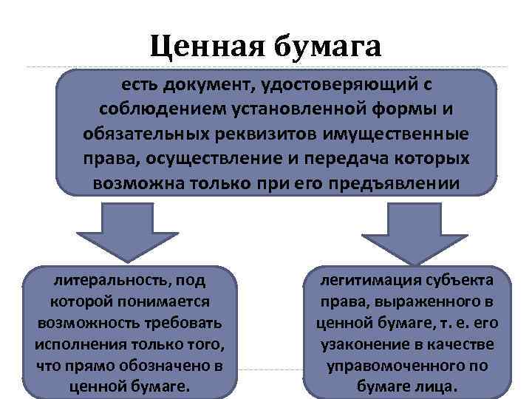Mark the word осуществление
point(221,159)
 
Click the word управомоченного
point(391,365)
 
